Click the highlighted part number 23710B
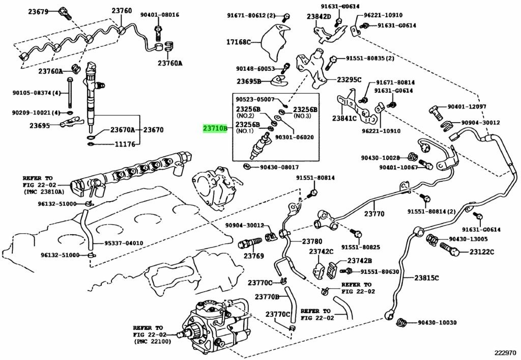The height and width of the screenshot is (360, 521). (215, 128)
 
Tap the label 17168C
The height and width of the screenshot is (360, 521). (239, 42)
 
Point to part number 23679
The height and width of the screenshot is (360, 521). (38, 12)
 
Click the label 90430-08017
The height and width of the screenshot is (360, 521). (279, 167)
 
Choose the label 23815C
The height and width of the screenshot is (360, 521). (426, 278)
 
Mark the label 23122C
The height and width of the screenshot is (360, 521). (482, 252)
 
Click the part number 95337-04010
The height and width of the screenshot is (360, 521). (124, 243)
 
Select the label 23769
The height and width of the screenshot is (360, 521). (253, 256)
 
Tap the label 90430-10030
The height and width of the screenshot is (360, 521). (437, 322)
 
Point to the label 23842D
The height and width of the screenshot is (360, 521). (319, 17)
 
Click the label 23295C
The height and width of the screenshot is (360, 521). (349, 80)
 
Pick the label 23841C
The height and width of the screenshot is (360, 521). (344, 118)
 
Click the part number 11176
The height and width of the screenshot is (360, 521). (125, 144)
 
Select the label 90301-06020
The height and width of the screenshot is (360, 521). (295, 137)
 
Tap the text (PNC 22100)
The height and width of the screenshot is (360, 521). (153, 341)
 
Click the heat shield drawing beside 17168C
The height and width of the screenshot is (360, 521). (273, 43)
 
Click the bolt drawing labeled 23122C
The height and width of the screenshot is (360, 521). (450, 250)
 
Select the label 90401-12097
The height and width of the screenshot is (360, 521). (467, 107)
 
